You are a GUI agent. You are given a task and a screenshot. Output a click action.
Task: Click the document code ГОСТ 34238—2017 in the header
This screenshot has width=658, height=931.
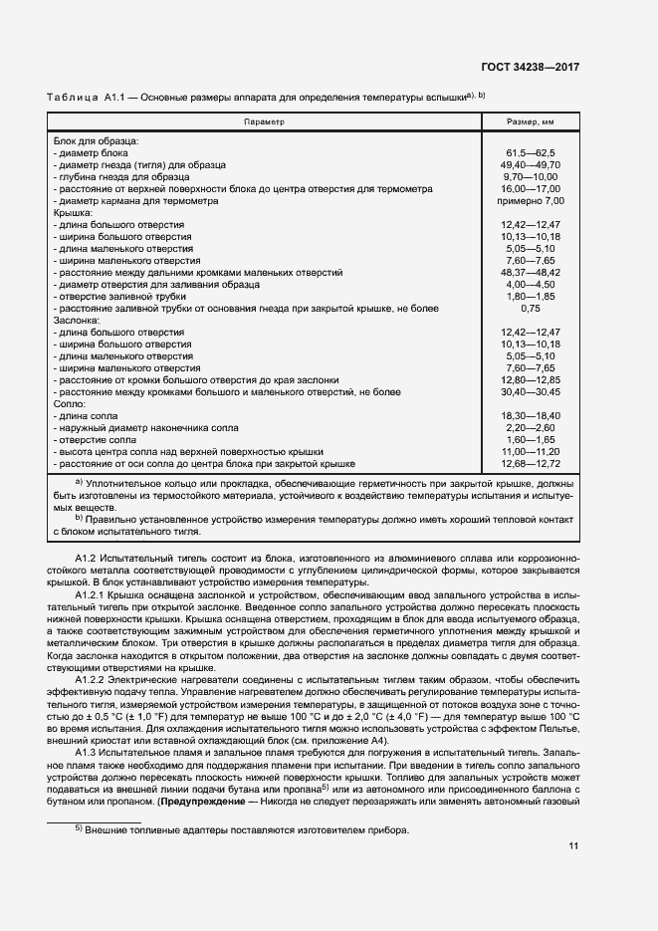(531, 67)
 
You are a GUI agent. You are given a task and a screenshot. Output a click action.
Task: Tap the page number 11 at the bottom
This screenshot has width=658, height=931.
(573, 846)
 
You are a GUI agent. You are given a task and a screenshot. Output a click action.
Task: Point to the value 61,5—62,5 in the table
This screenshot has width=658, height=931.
(531, 152)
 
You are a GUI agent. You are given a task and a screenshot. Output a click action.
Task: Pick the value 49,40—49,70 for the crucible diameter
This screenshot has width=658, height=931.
(531, 164)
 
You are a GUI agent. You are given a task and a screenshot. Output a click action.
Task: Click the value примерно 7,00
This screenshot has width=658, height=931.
(531, 200)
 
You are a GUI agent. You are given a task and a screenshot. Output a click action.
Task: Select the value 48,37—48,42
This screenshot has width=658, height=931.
(531, 272)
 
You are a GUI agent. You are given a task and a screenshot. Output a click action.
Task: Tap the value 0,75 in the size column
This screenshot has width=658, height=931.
(531, 309)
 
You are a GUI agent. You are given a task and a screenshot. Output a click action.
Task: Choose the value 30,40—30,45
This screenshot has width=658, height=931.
(531, 392)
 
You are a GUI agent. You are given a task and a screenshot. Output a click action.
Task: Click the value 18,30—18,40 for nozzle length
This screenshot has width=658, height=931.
(531, 416)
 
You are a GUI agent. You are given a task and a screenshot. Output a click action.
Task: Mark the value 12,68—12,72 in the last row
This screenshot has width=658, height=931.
(531, 464)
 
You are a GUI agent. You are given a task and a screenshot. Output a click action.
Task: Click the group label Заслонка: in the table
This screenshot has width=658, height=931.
(77, 321)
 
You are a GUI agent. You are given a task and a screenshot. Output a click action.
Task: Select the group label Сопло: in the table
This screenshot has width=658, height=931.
(69, 404)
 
